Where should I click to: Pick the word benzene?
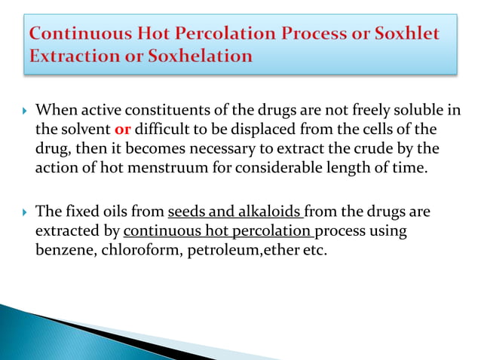click(x=63, y=249)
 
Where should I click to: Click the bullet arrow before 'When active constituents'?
click(x=23, y=111)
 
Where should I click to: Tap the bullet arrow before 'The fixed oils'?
click(x=23, y=212)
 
